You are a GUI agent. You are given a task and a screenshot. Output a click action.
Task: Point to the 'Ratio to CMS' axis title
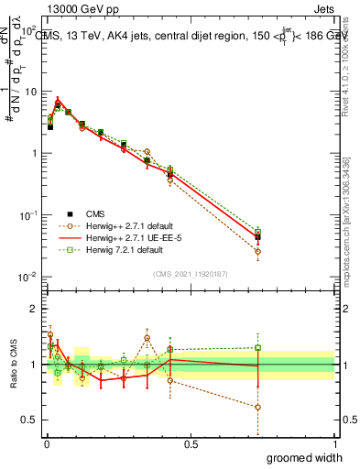(12, 365)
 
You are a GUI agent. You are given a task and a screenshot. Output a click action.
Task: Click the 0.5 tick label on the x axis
(191, 444)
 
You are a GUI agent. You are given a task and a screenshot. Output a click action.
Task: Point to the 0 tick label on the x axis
(45, 444)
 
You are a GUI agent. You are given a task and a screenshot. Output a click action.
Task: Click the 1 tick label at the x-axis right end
(334, 444)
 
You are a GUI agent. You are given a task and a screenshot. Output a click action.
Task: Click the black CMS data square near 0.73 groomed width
(257, 237)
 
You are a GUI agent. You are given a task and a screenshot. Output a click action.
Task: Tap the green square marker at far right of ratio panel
(257, 348)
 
